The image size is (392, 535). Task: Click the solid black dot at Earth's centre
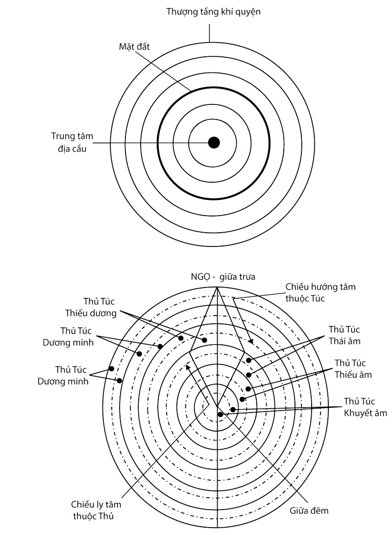(214, 143)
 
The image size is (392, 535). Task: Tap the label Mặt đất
(134, 47)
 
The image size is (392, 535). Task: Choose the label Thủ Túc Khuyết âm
(365, 406)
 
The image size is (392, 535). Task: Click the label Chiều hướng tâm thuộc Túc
(312, 292)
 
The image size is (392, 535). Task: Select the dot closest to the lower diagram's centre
(220, 414)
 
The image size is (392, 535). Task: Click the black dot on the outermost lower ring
(111, 368)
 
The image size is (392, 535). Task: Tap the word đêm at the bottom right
(319, 511)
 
